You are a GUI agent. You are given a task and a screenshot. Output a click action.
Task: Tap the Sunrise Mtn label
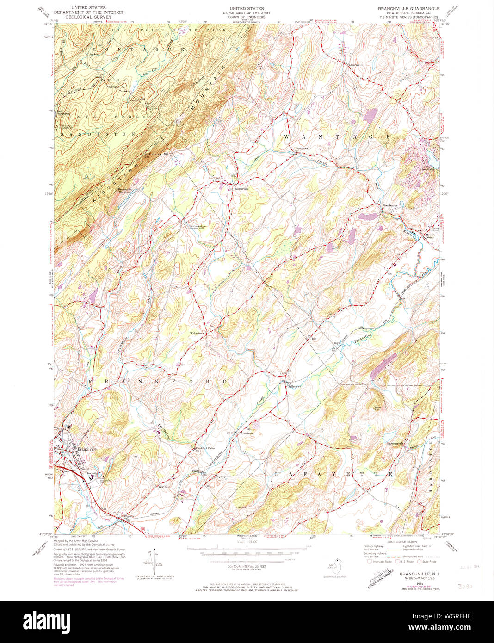click(160, 154)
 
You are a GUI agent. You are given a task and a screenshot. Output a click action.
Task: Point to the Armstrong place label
click(247, 433)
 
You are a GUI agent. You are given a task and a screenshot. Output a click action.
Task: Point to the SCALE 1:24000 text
click(247, 542)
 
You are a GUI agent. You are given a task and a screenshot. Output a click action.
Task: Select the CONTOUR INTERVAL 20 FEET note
click(247, 566)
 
